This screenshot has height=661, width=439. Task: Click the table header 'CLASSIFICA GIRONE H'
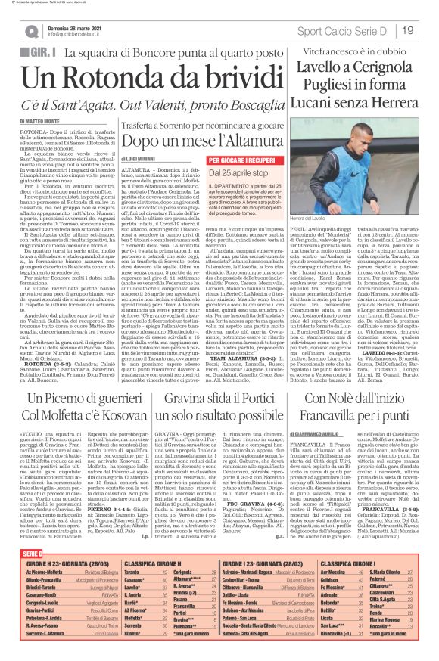pyautogui.click(x=153, y=584)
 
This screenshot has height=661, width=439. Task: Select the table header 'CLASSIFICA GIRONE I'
pyautogui.click(x=349, y=584)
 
